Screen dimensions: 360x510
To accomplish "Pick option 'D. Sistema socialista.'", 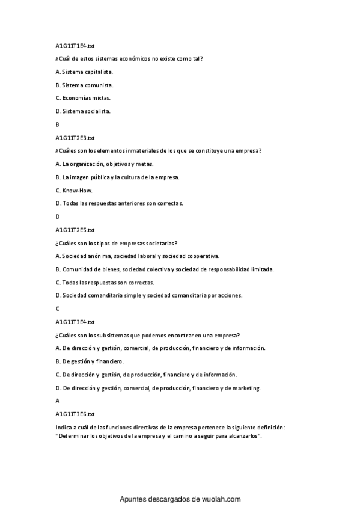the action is pos(83,111).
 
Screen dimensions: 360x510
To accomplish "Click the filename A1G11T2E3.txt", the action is pos(75,138).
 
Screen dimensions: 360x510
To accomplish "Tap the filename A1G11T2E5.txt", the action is pos(75,230).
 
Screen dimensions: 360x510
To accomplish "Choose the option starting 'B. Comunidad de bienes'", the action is pos(164,269).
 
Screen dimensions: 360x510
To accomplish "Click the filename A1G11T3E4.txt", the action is pos(75,322).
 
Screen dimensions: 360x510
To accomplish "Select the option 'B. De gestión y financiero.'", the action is pos(90,361).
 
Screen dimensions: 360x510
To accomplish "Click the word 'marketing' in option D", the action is pos(248,388).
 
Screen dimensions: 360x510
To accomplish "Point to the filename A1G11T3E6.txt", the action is pos(75,414).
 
